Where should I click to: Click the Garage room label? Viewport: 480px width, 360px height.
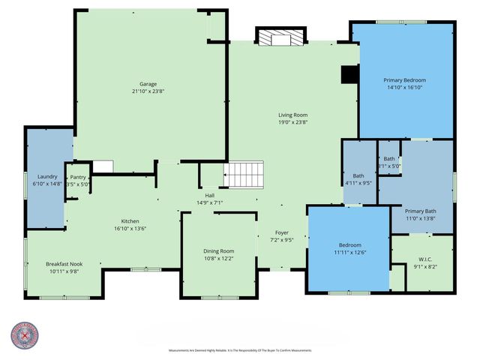click(x=147, y=84)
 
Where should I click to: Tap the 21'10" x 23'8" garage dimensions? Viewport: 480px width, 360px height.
click(x=147, y=91)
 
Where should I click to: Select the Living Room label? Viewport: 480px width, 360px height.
click(x=293, y=115)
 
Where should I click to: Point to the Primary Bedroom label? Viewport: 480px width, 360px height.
click(x=405, y=80)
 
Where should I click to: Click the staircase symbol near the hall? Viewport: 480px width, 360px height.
click(x=245, y=175)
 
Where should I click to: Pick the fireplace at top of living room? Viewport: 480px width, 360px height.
click(x=280, y=37)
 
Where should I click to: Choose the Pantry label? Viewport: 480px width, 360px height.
click(x=79, y=177)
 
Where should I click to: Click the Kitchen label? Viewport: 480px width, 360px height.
click(x=131, y=222)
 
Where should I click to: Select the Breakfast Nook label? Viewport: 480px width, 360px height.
click(x=63, y=264)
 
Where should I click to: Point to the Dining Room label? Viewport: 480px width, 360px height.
click(x=219, y=251)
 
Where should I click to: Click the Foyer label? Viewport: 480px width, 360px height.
click(x=282, y=232)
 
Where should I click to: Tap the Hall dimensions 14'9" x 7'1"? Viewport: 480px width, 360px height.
click(x=210, y=202)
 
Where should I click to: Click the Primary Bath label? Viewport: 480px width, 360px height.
click(x=420, y=211)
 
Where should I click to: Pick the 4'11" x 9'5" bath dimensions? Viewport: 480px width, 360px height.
click(x=358, y=182)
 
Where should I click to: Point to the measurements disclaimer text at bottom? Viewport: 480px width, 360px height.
click(x=240, y=351)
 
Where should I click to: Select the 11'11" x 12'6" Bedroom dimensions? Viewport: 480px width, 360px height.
click(x=349, y=253)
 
